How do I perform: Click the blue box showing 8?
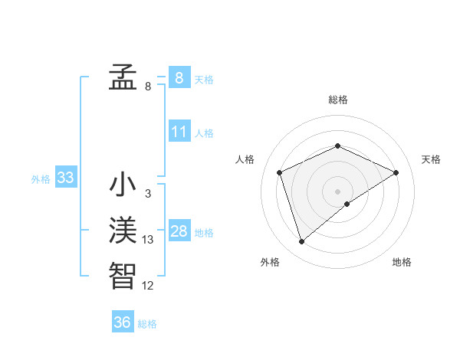click(x=179, y=78)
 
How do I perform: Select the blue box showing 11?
click(x=179, y=132)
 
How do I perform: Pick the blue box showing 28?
click(x=179, y=231)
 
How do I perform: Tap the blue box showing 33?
click(x=65, y=178)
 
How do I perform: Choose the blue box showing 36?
click(x=122, y=322)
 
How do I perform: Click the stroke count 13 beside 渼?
click(x=148, y=240)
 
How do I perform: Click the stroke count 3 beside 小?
click(x=147, y=195)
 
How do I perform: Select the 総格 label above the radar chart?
click(x=338, y=100)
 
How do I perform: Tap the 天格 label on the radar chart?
click(x=431, y=159)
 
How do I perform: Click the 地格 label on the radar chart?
click(x=402, y=262)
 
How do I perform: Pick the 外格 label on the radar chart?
click(x=270, y=262)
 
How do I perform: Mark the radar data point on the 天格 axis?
click(x=396, y=172)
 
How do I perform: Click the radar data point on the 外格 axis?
click(x=301, y=242)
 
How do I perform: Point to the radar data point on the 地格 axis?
click(x=347, y=204)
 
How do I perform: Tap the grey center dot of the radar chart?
click(x=338, y=191)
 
